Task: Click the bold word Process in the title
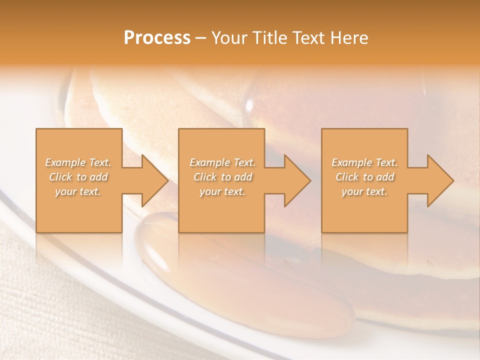pyautogui.click(x=157, y=38)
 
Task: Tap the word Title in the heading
pyautogui.click(x=268, y=38)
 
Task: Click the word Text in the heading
pyautogui.click(x=309, y=38)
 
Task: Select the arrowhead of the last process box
pyautogui.click(x=440, y=180)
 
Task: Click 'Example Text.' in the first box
pyautogui.click(x=78, y=162)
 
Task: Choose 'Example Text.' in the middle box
pyautogui.click(x=222, y=162)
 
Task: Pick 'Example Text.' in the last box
pyautogui.click(x=364, y=162)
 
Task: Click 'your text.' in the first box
pyautogui.click(x=78, y=191)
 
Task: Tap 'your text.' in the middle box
pyautogui.click(x=222, y=191)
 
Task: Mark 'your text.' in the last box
pyautogui.click(x=364, y=191)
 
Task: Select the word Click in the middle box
pyautogui.click(x=205, y=177)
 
